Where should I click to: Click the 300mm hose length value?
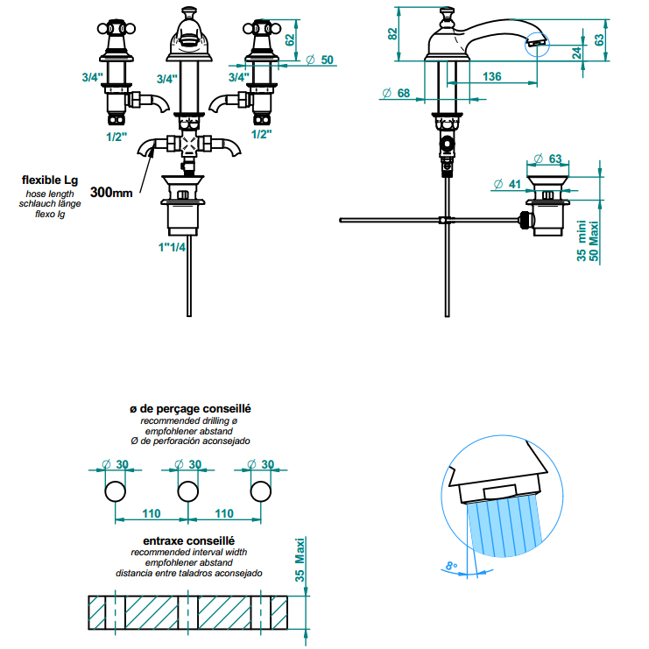pyautogui.click(x=111, y=192)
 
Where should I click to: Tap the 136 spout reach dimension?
pyautogui.click(x=492, y=77)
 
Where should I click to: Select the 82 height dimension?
pyautogui.click(x=393, y=32)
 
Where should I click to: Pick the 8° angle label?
pyautogui.click(x=451, y=567)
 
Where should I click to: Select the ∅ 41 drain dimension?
pyautogui.click(x=507, y=184)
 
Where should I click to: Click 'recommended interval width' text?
pyautogui.click(x=188, y=553)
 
